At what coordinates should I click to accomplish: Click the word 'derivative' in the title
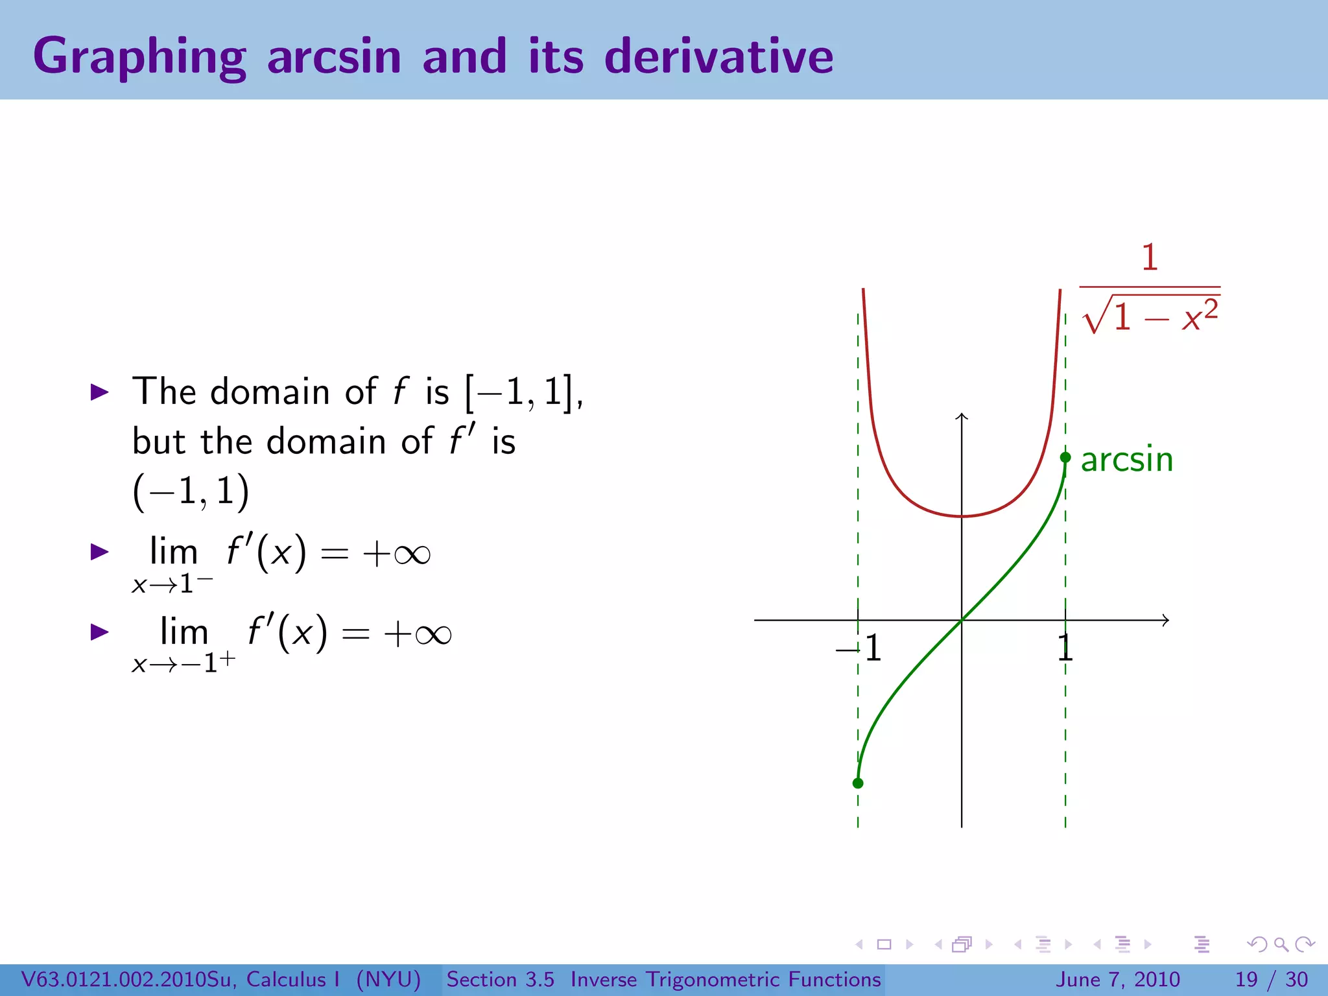click(x=718, y=57)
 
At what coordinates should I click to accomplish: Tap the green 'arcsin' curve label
click(x=1127, y=459)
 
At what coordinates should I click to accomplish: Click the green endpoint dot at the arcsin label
click(x=1065, y=458)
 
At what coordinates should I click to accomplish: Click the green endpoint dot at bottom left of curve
click(x=858, y=783)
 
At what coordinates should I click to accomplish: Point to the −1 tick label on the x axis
click(x=860, y=648)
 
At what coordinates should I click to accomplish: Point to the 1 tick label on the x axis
click(x=1065, y=648)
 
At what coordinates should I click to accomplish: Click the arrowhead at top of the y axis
click(x=962, y=416)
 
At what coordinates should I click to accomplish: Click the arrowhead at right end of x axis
click(x=1166, y=621)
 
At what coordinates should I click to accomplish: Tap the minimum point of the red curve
click(x=962, y=516)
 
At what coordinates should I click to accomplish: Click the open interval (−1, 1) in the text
click(x=191, y=492)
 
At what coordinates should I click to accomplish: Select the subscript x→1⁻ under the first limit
click(x=171, y=584)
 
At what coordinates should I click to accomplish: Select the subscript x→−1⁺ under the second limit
click(x=183, y=663)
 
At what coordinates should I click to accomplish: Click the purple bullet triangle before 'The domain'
click(x=99, y=392)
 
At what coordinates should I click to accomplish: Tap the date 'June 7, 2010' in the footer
click(x=1118, y=979)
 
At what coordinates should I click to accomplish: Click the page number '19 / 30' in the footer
click(x=1271, y=979)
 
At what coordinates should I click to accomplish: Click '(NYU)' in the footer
click(x=388, y=979)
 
